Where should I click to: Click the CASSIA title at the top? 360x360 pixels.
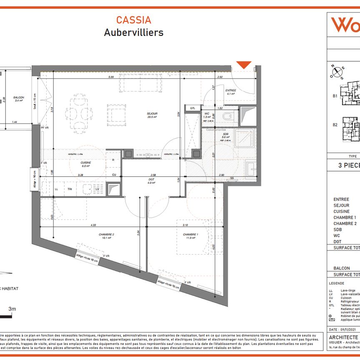pyautogui.click(x=133, y=20)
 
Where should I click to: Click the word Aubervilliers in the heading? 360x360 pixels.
pyautogui.click(x=133, y=32)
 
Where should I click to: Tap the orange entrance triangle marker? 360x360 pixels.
pyautogui.click(x=244, y=65)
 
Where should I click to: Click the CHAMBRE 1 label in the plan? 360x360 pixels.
pyautogui.click(x=190, y=235)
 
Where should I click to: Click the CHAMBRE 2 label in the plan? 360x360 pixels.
pyautogui.click(x=106, y=235)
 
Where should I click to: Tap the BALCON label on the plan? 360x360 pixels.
pyautogui.click(x=19, y=97)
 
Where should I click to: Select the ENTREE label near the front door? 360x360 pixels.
pyautogui.click(x=230, y=90)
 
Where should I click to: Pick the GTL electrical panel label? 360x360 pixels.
pyautogui.click(x=192, y=108)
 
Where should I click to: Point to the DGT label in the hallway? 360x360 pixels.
pyautogui.click(x=151, y=180)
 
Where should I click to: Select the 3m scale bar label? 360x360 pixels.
pyautogui.click(x=12, y=309)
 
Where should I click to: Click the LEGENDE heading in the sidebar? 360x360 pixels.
pyautogui.click(x=337, y=283)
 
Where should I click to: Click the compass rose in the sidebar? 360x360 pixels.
pyautogui.click(x=337, y=72)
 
